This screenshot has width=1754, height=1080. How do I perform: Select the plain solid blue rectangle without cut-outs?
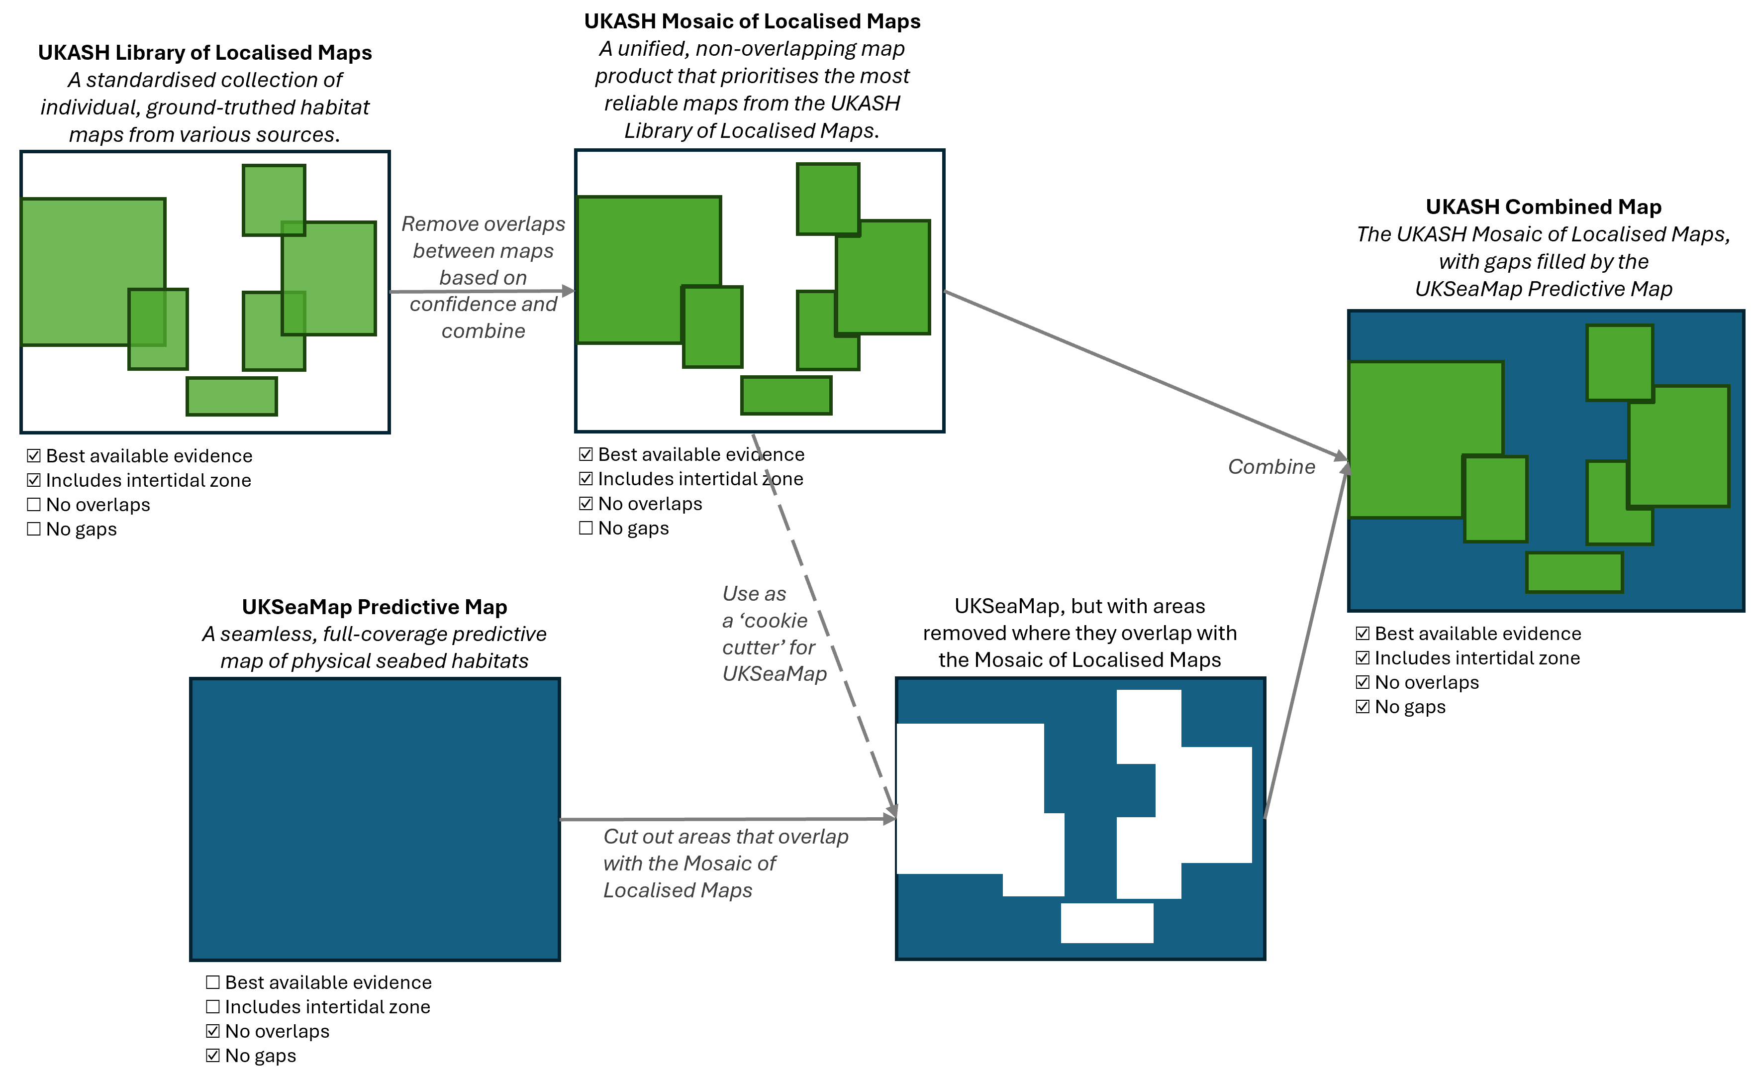pyautogui.click(x=375, y=819)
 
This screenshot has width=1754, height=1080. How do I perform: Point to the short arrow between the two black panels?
pyautogui.click(x=482, y=292)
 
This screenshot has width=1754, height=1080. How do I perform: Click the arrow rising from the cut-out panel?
pyautogui.click(x=1306, y=643)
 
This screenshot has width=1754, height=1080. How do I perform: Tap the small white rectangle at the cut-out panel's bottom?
pyautogui.click(x=1106, y=923)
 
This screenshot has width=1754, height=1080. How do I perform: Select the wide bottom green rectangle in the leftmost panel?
pyautogui.click(x=232, y=397)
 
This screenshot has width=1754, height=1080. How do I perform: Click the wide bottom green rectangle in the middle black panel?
pyautogui.click(x=786, y=395)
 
